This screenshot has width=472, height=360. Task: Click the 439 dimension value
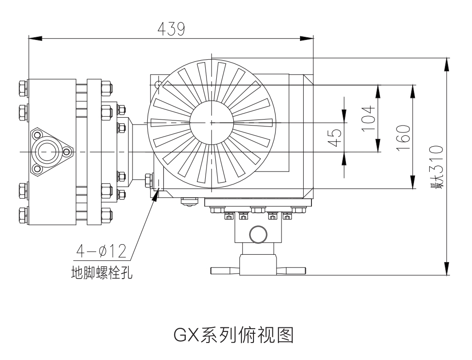tap(171, 29)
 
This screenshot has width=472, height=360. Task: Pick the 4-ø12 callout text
tap(101, 251)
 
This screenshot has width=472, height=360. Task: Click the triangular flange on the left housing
tap(47, 152)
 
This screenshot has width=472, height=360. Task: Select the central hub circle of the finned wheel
tap(212, 122)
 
